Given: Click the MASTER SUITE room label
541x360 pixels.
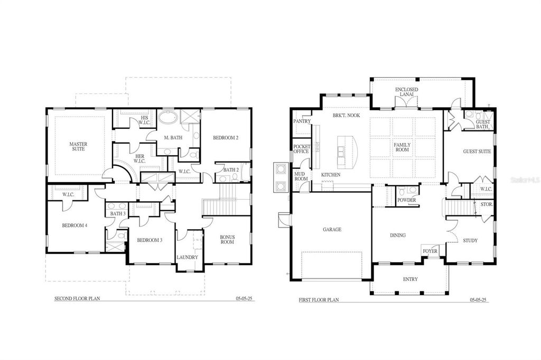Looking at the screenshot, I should click(x=79, y=146).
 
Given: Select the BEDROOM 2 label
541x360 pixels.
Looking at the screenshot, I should click(x=226, y=138).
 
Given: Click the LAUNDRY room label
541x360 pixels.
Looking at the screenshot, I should click(x=187, y=258).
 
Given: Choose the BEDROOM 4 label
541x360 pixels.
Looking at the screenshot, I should click(x=74, y=225).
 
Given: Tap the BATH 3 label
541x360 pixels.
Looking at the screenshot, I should click(x=118, y=214).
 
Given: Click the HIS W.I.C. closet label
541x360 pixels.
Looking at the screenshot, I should click(x=145, y=120).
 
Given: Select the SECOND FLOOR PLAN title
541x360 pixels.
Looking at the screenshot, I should click(x=77, y=299).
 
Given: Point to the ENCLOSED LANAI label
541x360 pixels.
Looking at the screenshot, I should click(x=406, y=92).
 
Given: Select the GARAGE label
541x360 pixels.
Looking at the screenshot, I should click(x=332, y=230).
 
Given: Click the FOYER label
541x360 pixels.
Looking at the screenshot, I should click(x=430, y=251).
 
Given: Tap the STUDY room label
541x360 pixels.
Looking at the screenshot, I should click(x=470, y=240).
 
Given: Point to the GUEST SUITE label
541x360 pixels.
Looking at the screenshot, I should click(x=477, y=151).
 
